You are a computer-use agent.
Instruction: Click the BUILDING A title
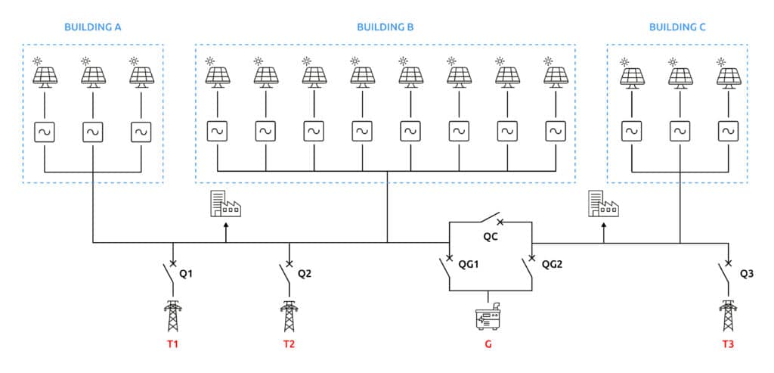point(94,27)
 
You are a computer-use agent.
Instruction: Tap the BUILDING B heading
point(385,27)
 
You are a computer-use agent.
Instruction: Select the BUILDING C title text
point(677,27)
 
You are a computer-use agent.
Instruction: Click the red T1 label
point(173,345)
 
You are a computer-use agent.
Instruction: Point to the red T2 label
point(289,345)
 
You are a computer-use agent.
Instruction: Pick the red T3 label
point(728,345)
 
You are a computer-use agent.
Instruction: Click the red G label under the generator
point(488,345)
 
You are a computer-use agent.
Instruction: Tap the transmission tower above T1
point(173,315)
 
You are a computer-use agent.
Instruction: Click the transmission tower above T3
point(728,315)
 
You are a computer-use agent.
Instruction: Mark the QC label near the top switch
point(492,237)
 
